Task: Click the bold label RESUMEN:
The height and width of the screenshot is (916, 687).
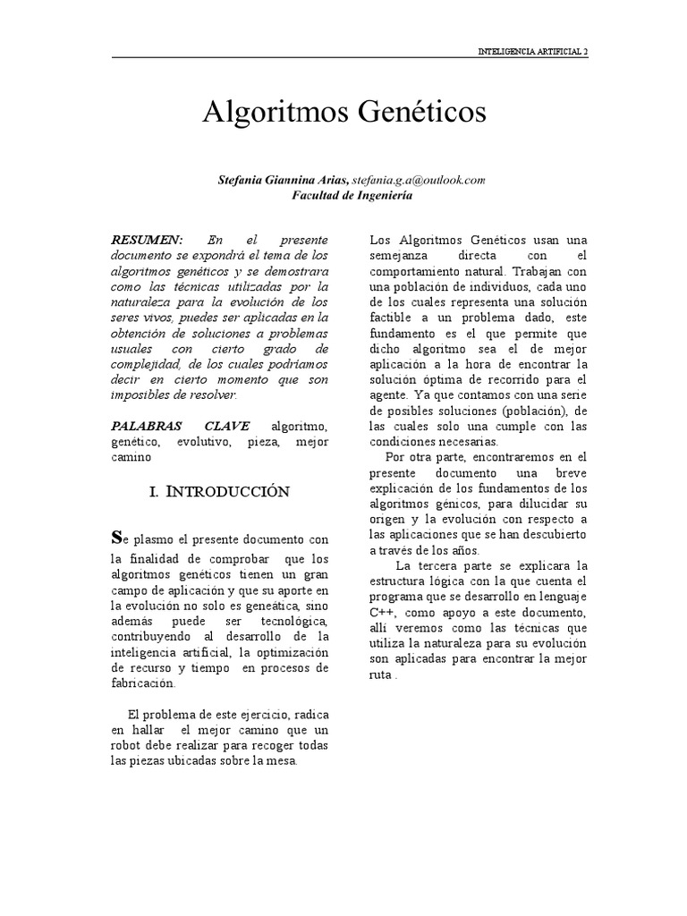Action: click(x=146, y=240)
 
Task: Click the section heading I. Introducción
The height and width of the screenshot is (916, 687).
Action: click(x=217, y=491)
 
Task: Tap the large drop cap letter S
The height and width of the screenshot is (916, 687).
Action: click(x=114, y=537)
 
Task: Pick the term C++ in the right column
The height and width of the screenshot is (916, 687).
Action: click(x=386, y=612)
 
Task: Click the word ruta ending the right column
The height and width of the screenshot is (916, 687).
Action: click(x=381, y=675)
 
